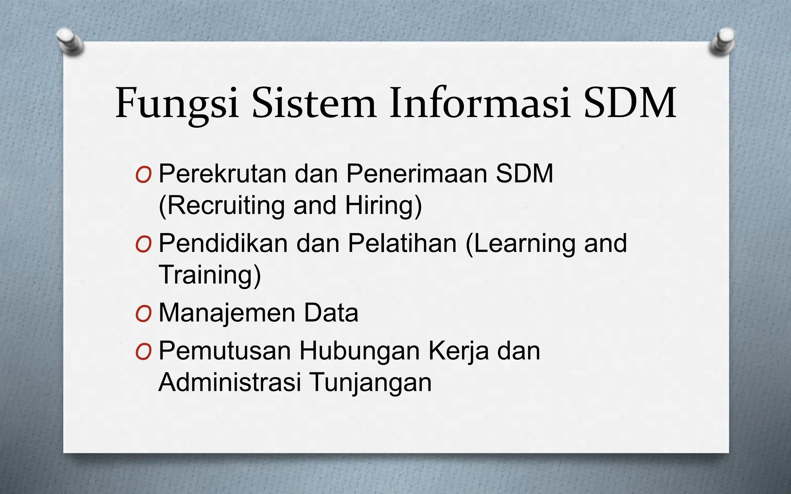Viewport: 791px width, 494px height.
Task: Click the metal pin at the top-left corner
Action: [70, 42]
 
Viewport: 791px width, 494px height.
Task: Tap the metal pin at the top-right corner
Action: [722, 42]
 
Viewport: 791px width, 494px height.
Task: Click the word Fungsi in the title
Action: [177, 103]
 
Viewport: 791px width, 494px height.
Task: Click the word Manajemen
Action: [227, 313]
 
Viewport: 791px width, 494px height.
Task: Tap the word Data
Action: [331, 313]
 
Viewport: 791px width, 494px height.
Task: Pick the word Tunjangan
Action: [370, 382]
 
